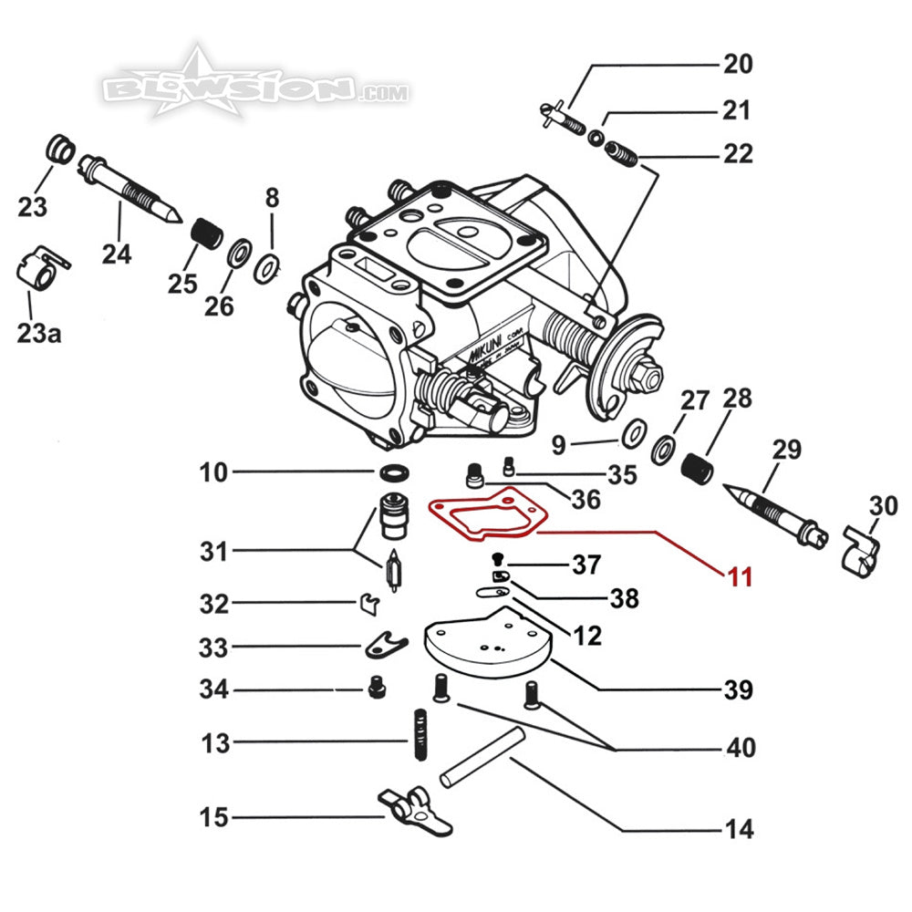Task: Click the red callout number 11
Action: click(x=740, y=575)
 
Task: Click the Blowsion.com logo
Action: click(x=255, y=88)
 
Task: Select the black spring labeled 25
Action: click(x=205, y=234)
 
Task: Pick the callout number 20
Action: click(x=738, y=65)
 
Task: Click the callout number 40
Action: click(x=740, y=748)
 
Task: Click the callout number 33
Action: click(x=214, y=648)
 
